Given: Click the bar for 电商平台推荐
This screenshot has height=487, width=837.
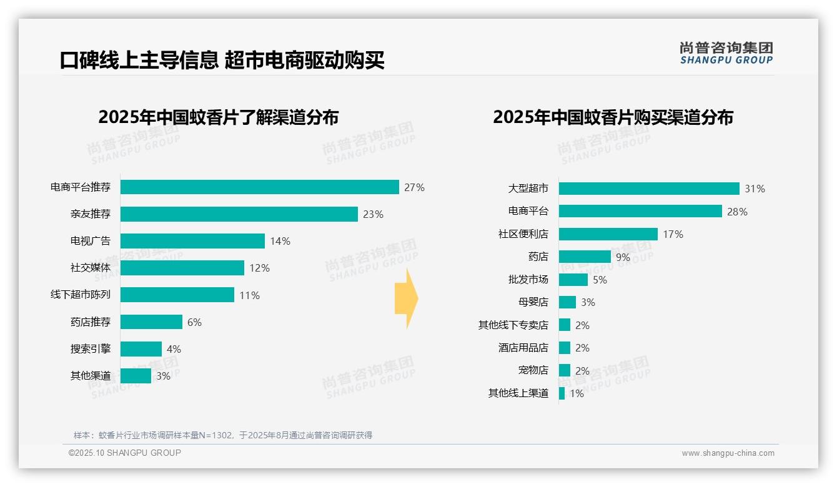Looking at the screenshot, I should [x=259, y=187].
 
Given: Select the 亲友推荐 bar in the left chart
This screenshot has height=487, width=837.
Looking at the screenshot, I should [x=239, y=214].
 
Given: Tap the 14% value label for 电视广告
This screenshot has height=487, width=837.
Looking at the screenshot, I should [x=280, y=241].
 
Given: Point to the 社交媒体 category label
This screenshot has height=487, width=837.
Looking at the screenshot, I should [x=91, y=268].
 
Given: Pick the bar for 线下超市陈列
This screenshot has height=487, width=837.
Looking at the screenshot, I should [x=177, y=295].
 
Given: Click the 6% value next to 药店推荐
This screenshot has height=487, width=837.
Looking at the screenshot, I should [x=194, y=322].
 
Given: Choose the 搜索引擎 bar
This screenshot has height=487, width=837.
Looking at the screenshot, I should [x=141, y=349].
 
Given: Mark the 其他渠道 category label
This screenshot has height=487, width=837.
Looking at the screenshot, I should [x=91, y=376].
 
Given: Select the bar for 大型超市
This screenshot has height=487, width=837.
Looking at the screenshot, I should [x=649, y=189].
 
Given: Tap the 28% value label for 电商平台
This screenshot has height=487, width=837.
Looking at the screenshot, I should [x=737, y=212].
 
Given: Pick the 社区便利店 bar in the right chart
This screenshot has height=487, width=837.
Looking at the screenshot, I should [x=608, y=234].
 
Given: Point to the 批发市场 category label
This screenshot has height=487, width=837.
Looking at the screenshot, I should [x=528, y=280].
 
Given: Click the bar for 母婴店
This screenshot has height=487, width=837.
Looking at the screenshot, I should [x=567, y=302].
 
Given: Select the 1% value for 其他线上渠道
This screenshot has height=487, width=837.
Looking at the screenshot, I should [x=577, y=393].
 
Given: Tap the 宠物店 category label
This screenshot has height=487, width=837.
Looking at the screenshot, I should [x=533, y=370].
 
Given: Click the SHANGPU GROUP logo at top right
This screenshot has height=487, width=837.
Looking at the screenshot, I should [x=726, y=53].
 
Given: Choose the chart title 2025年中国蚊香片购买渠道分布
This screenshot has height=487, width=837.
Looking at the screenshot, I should [x=613, y=117].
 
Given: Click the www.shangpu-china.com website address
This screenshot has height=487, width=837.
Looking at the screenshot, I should [x=728, y=453].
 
